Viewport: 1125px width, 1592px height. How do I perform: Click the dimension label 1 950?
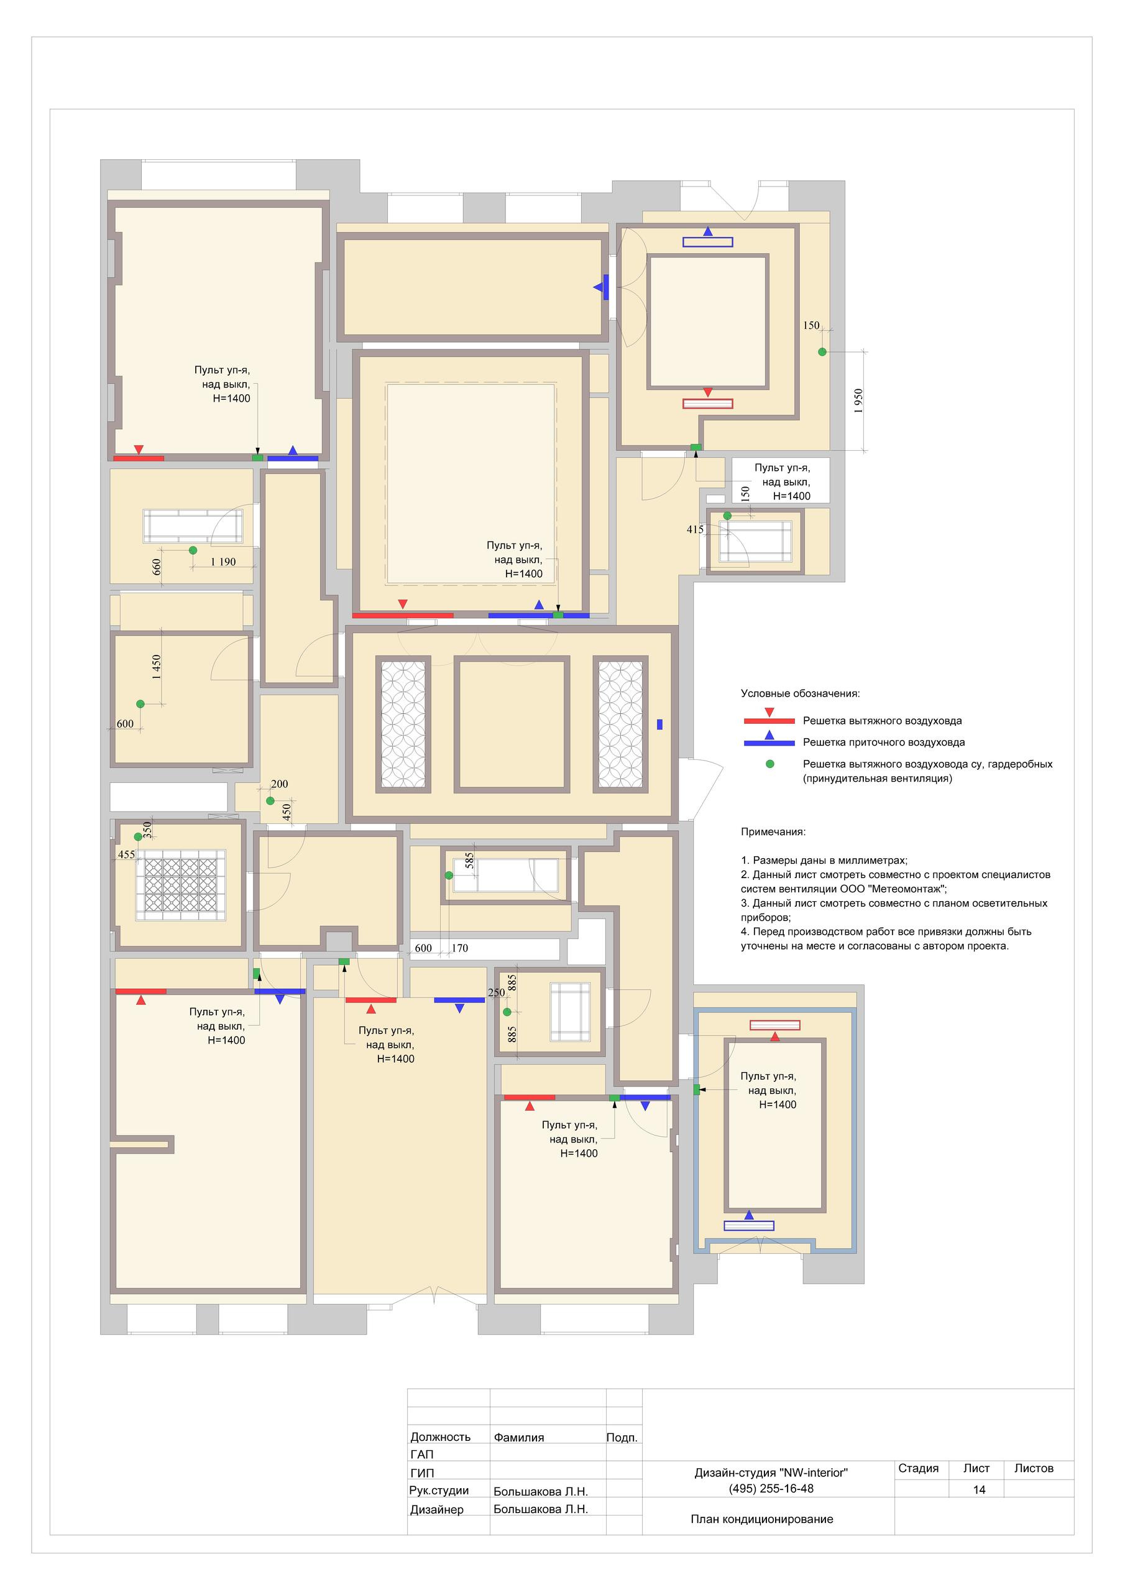tap(858, 400)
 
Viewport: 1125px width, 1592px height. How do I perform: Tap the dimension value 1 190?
tap(223, 562)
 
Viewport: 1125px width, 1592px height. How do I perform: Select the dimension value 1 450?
tap(157, 667)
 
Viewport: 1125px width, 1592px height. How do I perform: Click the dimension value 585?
tap(469, 861)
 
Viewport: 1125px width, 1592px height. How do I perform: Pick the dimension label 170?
tap(459, 948)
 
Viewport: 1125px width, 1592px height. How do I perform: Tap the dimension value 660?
tap(157, 567)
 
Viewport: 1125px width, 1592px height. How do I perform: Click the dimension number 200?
tap(279, 784)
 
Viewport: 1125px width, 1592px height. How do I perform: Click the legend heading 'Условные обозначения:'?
tap(800, 693)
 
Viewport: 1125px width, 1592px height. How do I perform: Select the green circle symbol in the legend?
tap(769, 764)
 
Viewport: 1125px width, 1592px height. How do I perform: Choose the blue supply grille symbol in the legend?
tap(769, 739)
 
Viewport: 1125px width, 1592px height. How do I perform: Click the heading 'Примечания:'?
tap(773, 831)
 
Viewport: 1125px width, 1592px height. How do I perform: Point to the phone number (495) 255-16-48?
tap(771, 1488)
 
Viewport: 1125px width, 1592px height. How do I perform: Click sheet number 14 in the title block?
tap(979, 1489)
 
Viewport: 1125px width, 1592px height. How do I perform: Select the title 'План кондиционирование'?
tap(762, 1519)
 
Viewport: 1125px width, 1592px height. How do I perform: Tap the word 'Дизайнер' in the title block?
tap(437, 1509)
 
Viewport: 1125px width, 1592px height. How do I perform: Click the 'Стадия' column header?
tap(919, 1468)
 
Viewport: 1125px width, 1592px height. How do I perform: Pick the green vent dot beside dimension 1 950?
tap(822, 351)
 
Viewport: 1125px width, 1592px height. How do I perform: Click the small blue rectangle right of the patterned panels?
tap(659, 724)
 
